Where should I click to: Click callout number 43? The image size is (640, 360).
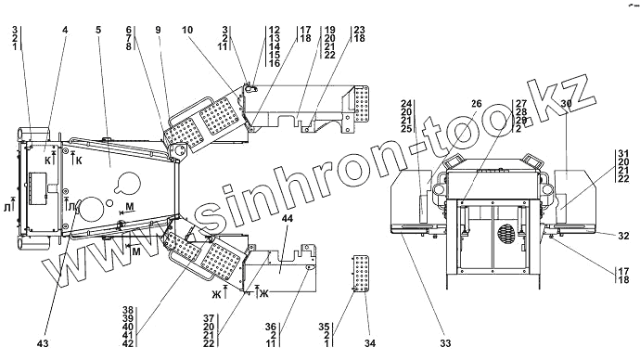[x=43, y=343]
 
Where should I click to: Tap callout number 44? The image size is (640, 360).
[x=288, y=219]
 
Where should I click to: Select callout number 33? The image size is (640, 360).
[x=446, y=343]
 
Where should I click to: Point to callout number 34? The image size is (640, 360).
[x=370, y=343]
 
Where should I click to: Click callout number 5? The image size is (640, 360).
[x=98, y=30]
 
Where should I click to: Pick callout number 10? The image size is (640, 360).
[x=187, y=30]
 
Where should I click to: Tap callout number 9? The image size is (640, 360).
[x=158, y=30]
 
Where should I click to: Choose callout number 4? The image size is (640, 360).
[x=65, y=30]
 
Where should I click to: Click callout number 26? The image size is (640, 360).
[x=477, y=104]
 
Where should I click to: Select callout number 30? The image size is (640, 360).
[x=566, y=104]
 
